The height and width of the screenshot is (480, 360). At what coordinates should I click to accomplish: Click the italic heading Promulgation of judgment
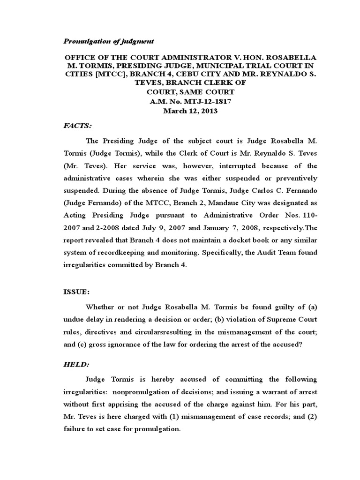(x=109, y=41)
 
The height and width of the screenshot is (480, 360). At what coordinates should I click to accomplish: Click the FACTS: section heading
(x=78, y=126)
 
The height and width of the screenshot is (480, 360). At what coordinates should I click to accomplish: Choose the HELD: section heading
(x=76, y=364)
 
